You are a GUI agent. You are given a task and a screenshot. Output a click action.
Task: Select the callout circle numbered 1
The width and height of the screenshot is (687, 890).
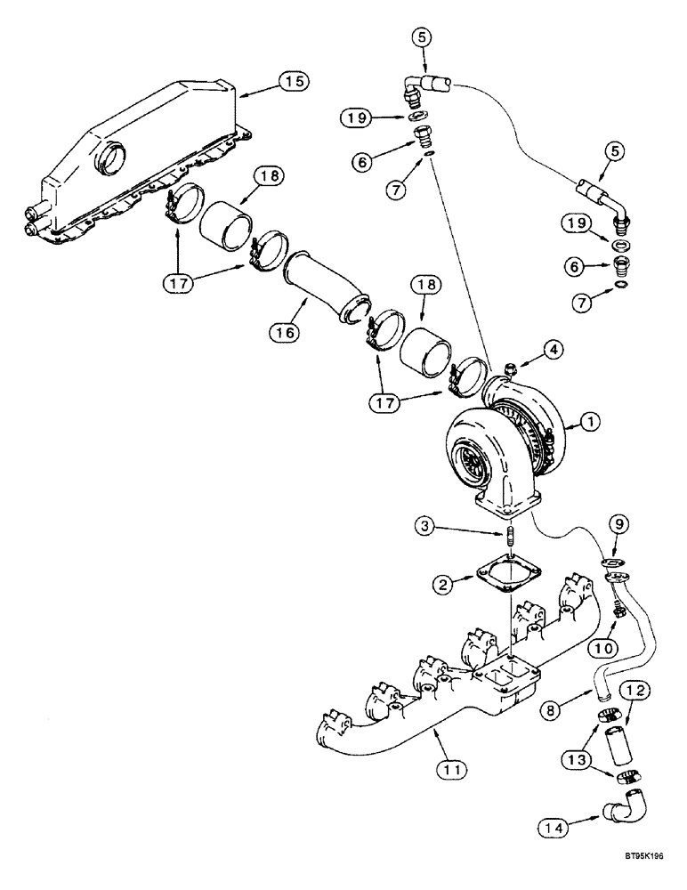589,426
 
